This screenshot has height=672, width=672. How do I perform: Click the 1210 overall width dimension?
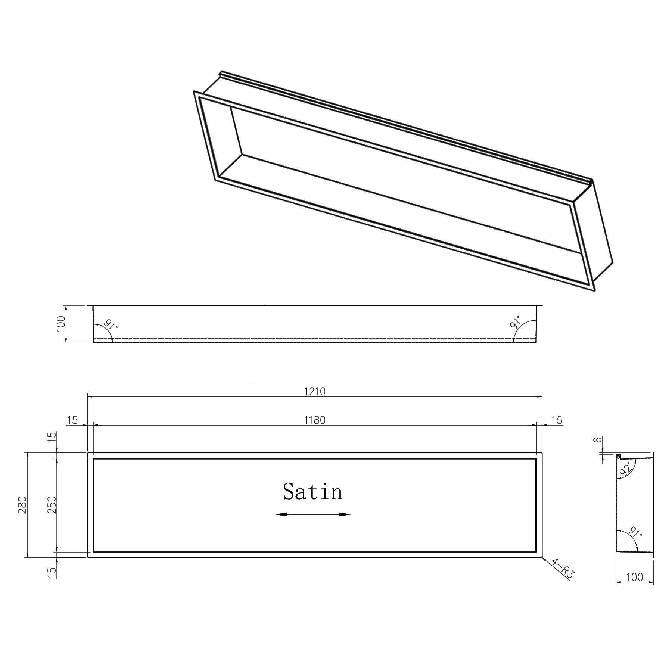[315, 391]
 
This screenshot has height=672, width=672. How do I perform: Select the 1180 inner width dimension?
[315, 420]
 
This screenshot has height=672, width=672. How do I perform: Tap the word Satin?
[312, 492]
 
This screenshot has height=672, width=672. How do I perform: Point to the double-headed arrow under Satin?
[313, 514]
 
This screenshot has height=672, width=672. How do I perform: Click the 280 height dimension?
[22, 505]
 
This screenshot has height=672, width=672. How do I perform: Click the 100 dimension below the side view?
[634, 577]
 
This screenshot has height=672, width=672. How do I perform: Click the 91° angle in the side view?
[635, 532]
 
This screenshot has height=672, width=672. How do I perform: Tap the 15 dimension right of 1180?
[557, 420]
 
